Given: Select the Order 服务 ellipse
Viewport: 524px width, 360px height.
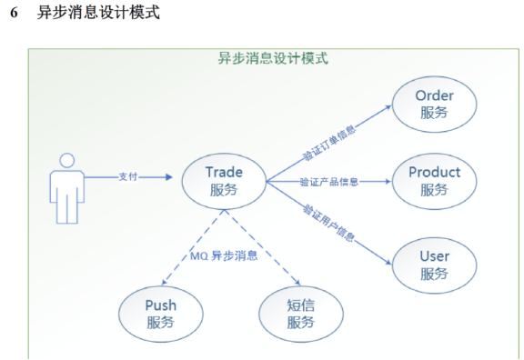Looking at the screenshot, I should coord(434,104).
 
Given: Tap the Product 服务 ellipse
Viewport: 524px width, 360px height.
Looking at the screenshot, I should coord(434,181).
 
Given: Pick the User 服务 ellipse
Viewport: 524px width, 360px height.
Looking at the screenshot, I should coord(434,264).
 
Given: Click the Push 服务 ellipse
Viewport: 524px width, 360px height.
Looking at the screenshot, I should coord(161,313).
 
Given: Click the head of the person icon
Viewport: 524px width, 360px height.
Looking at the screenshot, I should coord(67,162).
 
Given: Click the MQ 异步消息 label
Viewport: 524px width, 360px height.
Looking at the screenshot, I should coord(224,255).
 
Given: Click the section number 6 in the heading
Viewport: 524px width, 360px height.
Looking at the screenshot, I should coord(13,15).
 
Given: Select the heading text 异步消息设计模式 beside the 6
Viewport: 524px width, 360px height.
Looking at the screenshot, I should coord(99,15).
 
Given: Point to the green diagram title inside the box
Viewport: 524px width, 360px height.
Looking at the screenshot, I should coord(273,58).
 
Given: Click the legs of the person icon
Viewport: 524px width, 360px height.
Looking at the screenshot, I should coord(67,210).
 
